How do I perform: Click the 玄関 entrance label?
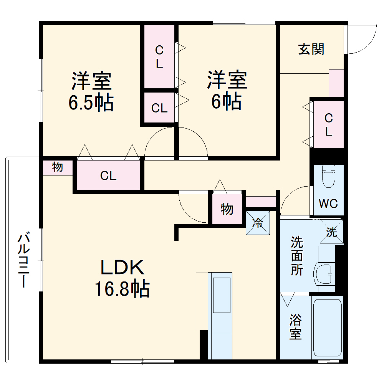pyautogui.click(x=311, y=49)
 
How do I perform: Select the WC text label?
pyautogui.click(x=328, y=203)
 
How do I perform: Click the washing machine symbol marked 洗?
pyautogui.click(x=331, y=232)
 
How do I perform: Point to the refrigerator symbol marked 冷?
pyautogui.click(x=258, y=222)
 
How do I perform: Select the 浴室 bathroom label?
pyautogui.click(x=295, y=327)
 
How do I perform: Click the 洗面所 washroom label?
pyautogui.click(x=296, y=256)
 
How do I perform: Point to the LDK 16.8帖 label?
pyautogui.click(x=122, y=278)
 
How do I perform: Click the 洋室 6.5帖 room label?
pyautogui.click(x=91, y=91)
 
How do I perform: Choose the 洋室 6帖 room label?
pyautogui.click(x=227, y=91)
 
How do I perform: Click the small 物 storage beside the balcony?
pyautogui.click(x=58, y=167)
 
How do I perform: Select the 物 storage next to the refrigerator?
pyautogui.click(x=227, y=209)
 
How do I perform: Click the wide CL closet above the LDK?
pyautogui.click(x=108, y=176)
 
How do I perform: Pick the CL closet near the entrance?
pyautogui.click(x=328, y=124)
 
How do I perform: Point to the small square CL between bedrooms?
pyautogui.click(x=159, y=108)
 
